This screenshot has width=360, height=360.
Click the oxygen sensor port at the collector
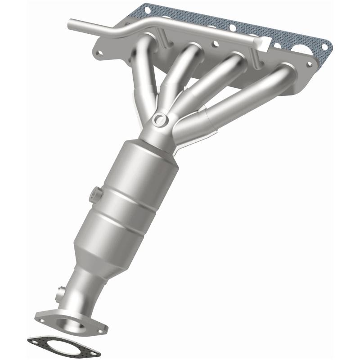(x=159, y=119)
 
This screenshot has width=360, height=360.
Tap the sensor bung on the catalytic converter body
(x=95, y=195)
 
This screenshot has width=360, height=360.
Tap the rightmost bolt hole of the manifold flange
(x=306, y=64)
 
